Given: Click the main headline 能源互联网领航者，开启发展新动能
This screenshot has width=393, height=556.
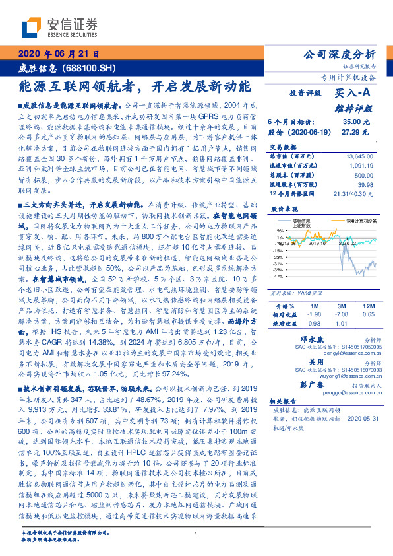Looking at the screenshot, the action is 135,86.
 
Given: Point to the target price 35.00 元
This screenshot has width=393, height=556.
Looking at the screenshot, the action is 356,122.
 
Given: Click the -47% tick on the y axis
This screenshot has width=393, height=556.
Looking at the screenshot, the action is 279,277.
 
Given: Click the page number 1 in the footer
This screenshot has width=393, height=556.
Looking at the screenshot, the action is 196,533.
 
